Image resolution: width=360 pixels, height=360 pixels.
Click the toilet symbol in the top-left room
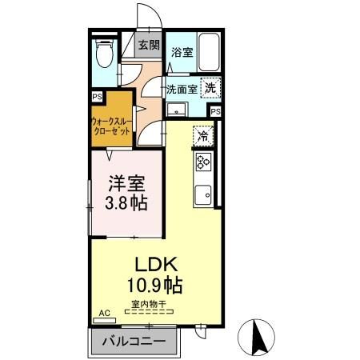pos(102,55)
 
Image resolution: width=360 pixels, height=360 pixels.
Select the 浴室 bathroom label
pos(181,53)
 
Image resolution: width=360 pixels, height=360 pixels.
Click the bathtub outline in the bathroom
pos(209,54)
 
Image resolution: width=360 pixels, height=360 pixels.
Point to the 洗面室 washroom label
pos(182,89)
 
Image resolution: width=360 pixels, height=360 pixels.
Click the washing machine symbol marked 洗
pos(210,89)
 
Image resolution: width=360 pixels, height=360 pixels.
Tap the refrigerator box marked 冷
pos(203,135)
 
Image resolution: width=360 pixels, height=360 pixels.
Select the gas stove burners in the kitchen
pos(203,163)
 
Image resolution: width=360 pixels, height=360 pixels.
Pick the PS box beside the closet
pos(97,96)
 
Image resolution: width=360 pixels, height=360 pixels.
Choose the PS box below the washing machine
pos(215,111)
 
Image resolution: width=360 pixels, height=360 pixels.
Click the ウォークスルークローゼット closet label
pos(110,126)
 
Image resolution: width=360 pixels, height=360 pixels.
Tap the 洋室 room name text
pos(127,183)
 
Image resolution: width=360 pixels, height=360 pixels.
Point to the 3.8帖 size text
pos(127,202)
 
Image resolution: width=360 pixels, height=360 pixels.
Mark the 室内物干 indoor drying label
pos(152,303)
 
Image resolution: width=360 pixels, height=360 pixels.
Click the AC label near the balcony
pos(103,314)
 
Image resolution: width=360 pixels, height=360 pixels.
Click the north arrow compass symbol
pos(259,335)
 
